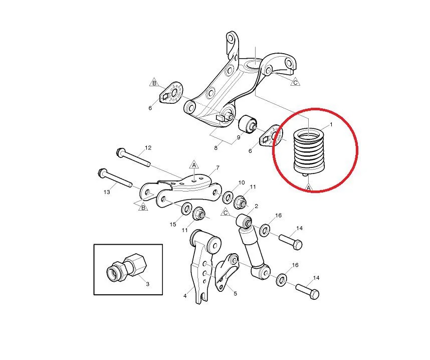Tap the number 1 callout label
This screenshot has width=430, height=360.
click(x=331, y=124)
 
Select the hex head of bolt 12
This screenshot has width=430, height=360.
click(x=120, y=152)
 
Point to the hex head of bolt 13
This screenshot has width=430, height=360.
click(x=101, y=172)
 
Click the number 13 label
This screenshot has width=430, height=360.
click(x=107, y=192)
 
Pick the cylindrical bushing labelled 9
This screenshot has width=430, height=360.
click(x=248, y=124)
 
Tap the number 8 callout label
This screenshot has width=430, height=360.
click(x=216, y=148)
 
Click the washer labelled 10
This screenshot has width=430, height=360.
click(x=228, y=197)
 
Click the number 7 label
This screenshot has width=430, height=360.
click(x=218, y=167)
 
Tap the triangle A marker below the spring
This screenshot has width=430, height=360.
click(x=309, y=188)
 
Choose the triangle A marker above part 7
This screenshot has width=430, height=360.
click(x=194, y=165)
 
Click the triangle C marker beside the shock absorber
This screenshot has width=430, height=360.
click(x=226, y=213)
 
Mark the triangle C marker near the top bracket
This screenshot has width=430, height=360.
click(x=295, y=82)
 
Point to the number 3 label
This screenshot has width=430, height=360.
click(x=147, y=284)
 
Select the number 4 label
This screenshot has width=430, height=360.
click(x=185, y=296)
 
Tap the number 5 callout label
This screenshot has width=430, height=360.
click(x=235, y=294)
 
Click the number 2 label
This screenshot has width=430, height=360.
click(x=256, y=206)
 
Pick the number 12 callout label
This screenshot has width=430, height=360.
click(x=148, y=148)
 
